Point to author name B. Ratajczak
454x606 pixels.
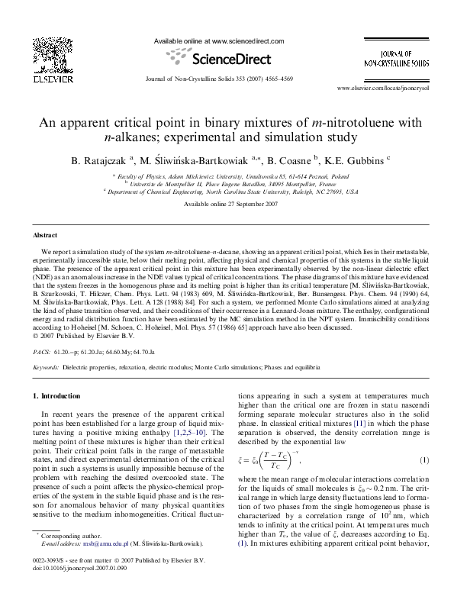(99, 160)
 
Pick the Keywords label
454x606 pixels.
(49, 367)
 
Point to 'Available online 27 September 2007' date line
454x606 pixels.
(227, 205)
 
